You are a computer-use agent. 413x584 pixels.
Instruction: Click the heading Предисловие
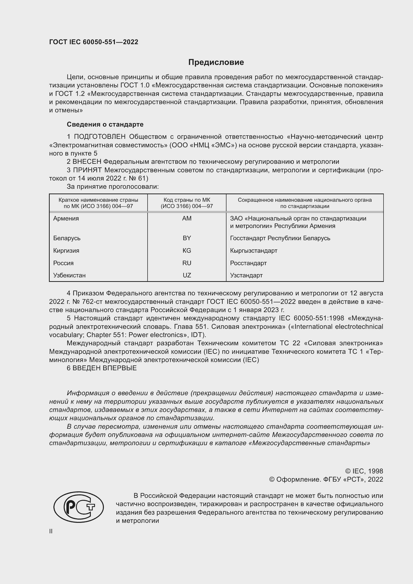pos(216,62)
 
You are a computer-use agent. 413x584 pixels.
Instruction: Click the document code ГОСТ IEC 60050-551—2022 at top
pos(94,42)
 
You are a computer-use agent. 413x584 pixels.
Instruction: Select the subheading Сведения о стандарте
pos(105,124)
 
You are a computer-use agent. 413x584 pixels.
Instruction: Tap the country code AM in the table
pos(187,218)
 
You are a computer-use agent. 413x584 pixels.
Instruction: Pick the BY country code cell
pos(187,238)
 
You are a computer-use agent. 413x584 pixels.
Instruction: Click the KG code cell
pos(187,250)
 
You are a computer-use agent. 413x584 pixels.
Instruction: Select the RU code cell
pos(187,263)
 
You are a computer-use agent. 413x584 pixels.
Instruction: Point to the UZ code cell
pos(187,275)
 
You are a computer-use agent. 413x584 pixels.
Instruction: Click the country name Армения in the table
pos(66,218)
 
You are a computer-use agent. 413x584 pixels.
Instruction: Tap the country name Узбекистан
pos(69,275)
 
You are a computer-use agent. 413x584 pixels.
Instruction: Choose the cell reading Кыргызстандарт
pos(253,250)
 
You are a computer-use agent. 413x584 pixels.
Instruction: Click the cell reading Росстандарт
pos(248,263)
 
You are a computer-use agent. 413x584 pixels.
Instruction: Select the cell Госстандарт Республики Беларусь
pos(280,238)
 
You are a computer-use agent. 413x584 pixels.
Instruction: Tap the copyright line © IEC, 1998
pos(364,471)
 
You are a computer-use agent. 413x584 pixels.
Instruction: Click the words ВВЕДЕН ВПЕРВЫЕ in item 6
pos(105,368)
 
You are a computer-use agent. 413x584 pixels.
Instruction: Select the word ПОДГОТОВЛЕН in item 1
pos(100,137)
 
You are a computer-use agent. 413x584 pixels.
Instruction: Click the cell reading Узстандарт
pos(246,275)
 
